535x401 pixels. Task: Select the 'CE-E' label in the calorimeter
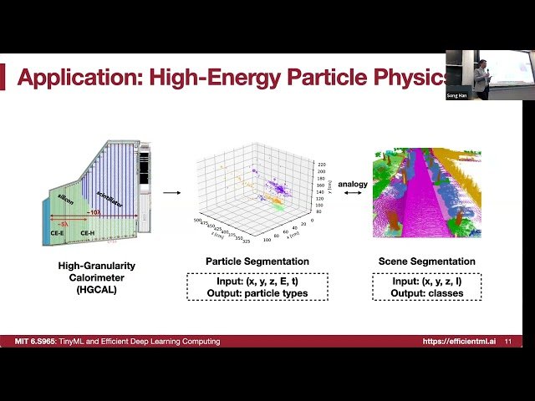[x=58, y=233]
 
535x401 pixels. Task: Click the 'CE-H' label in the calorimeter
[x=87, y=233]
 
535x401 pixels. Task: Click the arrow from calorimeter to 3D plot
[x=172, y=193]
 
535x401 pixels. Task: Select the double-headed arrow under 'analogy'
[x=352, y=193]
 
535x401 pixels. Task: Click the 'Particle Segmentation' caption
[x=257, y=261]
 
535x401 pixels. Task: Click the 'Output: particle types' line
[x=257, y=293]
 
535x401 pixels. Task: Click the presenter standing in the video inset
[x=481, y=75]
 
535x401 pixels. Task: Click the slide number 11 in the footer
[x=508, y=342]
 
